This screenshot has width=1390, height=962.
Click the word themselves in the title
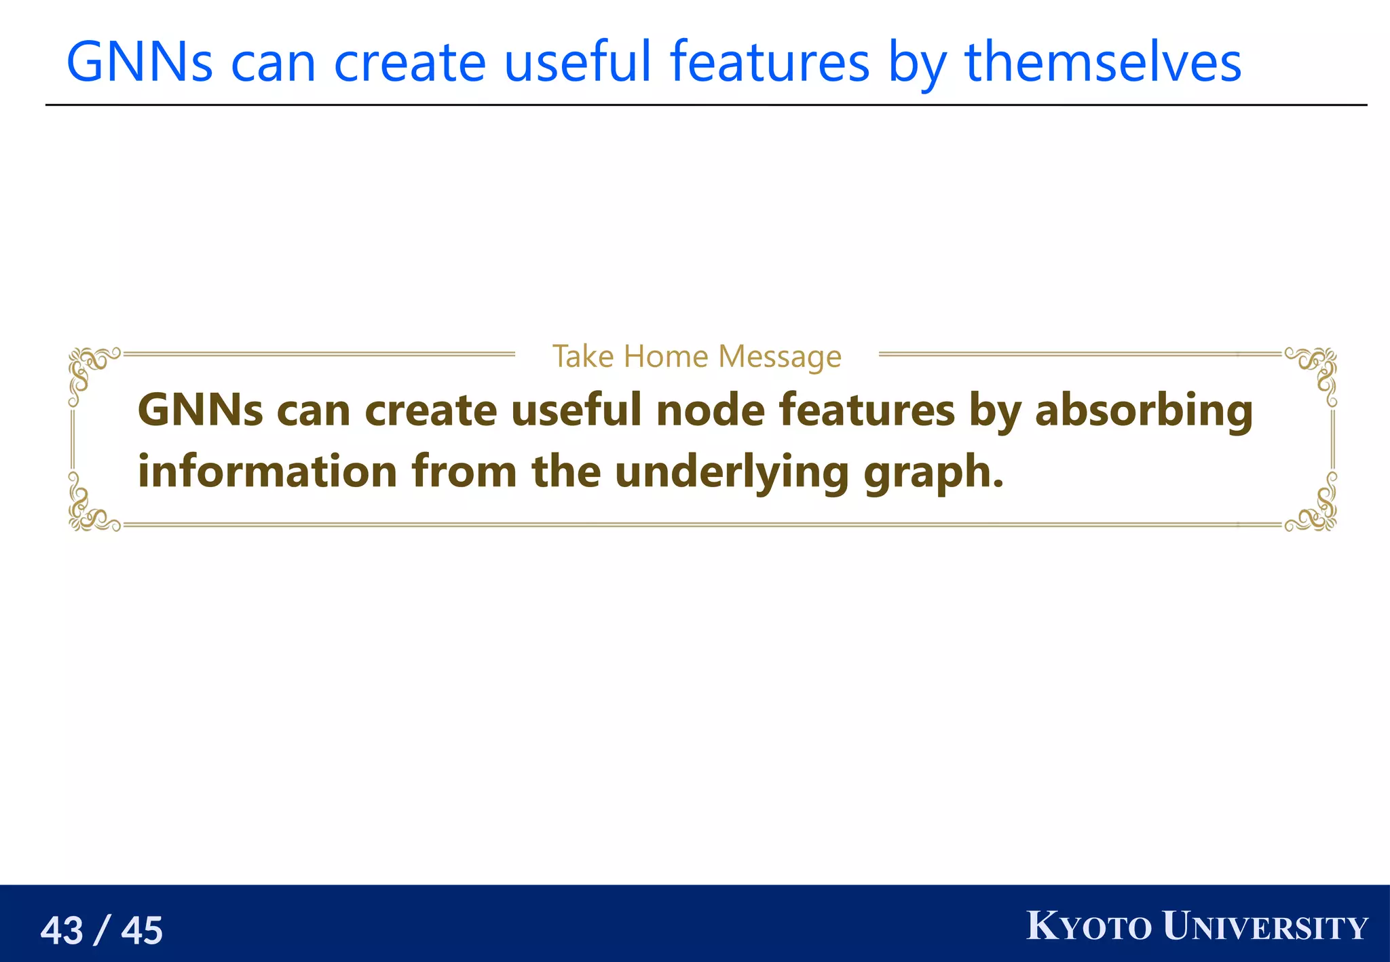click(1103, 62)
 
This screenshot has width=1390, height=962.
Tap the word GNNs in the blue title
click(139, 62)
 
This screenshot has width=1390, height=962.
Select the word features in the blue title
click(770, 62)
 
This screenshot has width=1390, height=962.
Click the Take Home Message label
click(696, 356)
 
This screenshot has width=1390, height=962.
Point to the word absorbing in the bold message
click(1144, 411)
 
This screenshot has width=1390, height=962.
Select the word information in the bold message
click(267, 472)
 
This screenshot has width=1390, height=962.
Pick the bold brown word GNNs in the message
click(200, 411)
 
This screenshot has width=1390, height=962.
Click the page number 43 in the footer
click(62, 930)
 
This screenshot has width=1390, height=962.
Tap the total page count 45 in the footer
click(142, 930)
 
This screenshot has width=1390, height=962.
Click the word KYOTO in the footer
click(1089, 927)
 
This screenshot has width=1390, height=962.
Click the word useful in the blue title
click(578, 62)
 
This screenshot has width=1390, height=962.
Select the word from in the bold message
click(464, 472)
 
